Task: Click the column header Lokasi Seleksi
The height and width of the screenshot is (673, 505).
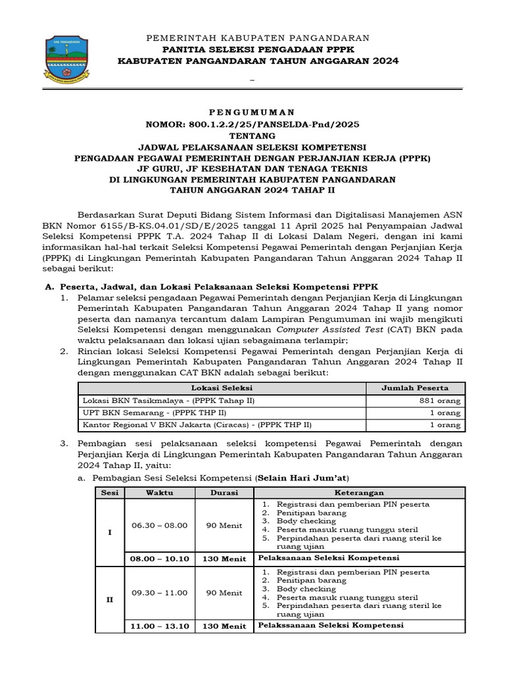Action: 221,388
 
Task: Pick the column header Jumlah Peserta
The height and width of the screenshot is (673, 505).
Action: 415,388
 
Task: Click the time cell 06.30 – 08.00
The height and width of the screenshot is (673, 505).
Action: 160,525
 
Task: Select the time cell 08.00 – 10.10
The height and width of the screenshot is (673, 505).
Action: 160,559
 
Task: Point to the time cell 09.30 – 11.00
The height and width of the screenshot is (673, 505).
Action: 160,592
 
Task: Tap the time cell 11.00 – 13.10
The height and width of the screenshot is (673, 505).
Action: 160,626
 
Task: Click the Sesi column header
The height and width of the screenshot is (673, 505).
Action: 110,492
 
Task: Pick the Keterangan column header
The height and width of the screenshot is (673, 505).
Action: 359,492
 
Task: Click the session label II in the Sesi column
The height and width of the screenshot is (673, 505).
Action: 110,600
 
